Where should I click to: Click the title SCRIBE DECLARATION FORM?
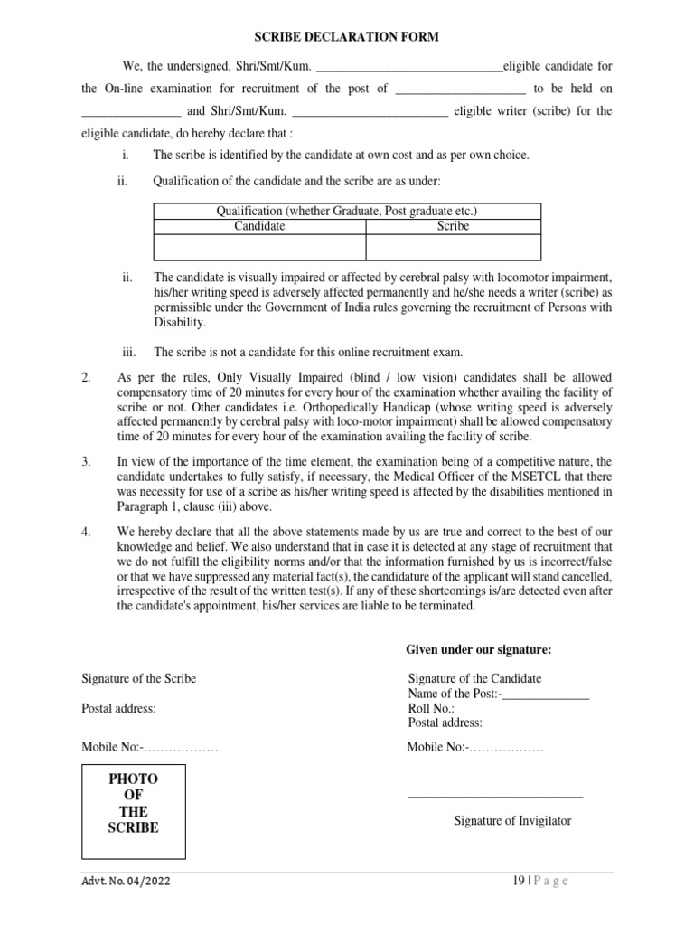coord(345,37)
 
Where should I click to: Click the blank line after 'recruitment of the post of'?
coord(461,90)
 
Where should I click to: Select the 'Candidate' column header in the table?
coord(259,226)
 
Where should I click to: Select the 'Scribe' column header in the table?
coord(453,226)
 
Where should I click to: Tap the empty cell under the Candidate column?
coord(259,247)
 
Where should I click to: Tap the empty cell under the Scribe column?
coord(453,247)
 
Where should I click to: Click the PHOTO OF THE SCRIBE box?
coord(134,811)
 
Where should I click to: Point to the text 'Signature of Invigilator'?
coord(511,821)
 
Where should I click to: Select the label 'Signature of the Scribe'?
coord(138,679)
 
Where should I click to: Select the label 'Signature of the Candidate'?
coord(474,679)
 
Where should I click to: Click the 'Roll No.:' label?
coord(431,709)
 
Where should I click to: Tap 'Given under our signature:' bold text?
coord(478,649)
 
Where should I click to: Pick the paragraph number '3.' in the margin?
coord(87,462)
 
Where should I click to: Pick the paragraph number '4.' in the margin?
coord(87,532)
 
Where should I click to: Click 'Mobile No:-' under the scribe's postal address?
coord(110,747)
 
